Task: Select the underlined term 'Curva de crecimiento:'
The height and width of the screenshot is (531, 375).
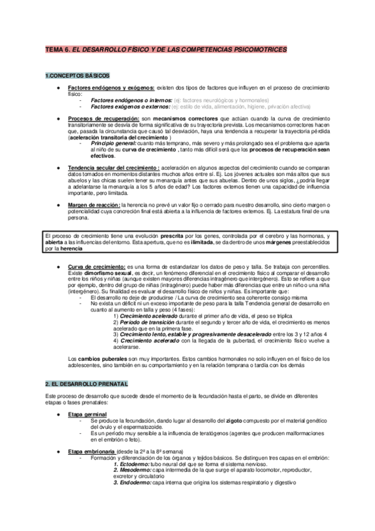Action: (x=98, y=266)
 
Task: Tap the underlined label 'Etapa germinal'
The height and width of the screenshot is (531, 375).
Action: (x=87, y=416)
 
